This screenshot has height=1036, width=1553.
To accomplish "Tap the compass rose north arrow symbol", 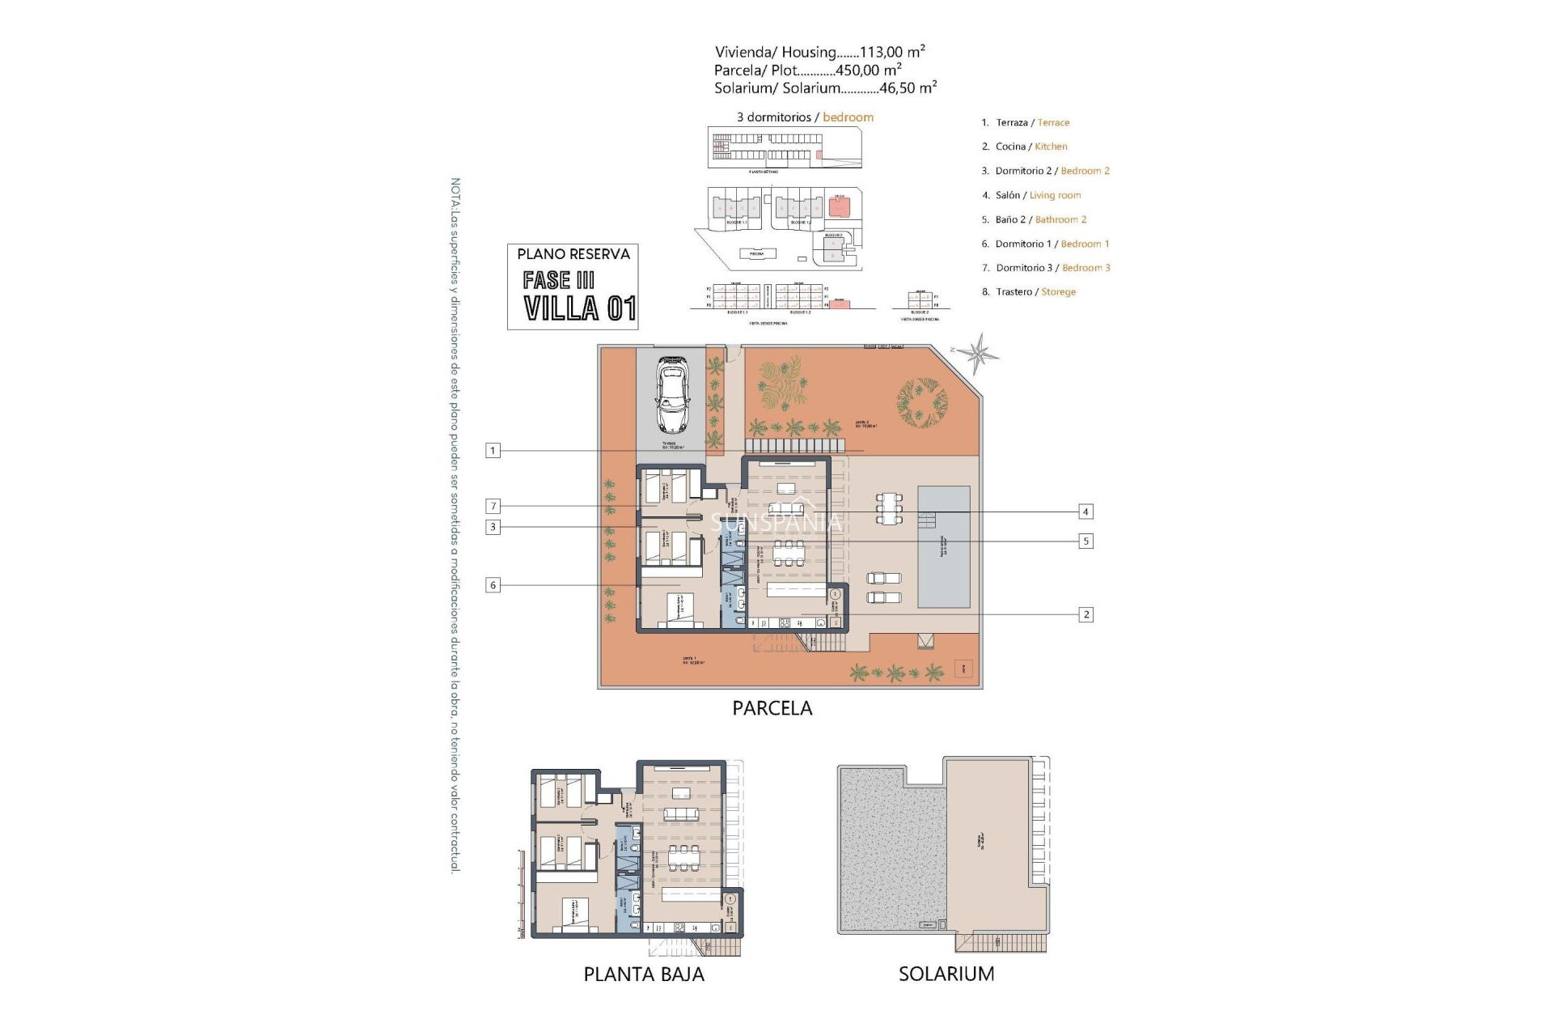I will point(980,353).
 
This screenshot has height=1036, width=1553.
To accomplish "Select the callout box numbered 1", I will point(493,451).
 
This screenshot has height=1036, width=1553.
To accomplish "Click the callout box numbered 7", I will point(493,507).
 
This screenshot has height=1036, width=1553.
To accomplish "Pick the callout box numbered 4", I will point(1085,512).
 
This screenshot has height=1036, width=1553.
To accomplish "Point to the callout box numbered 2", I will point(1085,615).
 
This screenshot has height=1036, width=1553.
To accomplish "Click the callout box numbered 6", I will point(493,585).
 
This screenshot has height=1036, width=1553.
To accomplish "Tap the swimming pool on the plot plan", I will point(944,547).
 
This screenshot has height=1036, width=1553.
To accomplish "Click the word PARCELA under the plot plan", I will point(772,708).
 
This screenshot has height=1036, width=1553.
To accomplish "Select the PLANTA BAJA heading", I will point(644,974).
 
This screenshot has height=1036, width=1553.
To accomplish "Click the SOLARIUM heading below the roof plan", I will point(946,974).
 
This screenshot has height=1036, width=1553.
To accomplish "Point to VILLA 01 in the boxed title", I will point(579,308).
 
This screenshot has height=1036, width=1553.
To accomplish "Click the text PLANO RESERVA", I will point(573,254).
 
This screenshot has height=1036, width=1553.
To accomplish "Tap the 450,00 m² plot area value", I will point(867,70).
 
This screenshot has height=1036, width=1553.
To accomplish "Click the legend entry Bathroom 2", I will point(1060,219).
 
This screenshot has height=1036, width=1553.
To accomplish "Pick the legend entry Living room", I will point(1055,195).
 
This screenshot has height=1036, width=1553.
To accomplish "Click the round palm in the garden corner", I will point(921,400).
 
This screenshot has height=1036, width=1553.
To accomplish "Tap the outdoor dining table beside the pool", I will point(889,508).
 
